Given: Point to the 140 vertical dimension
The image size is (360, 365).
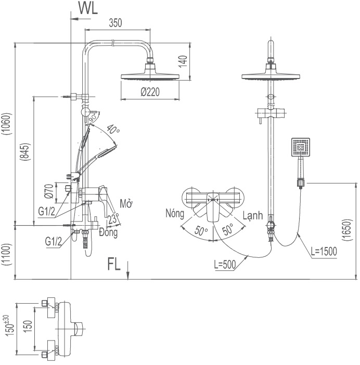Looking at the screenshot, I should [x=182, y=61].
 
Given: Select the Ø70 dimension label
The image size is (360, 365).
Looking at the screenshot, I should [x=48, y=192].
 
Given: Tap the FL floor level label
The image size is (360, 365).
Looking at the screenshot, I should [x=114, y=264].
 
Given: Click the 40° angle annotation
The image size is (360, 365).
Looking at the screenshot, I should [x=112, y=130].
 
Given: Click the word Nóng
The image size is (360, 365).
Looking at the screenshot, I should [x=175, y=213].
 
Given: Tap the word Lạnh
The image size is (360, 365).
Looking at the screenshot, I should [x=252, y=215].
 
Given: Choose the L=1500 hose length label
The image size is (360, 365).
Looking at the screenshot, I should [x=324, y=252].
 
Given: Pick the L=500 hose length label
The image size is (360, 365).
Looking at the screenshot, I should [x=225, y=264].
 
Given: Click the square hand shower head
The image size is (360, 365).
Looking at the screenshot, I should [x=301, y=148].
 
